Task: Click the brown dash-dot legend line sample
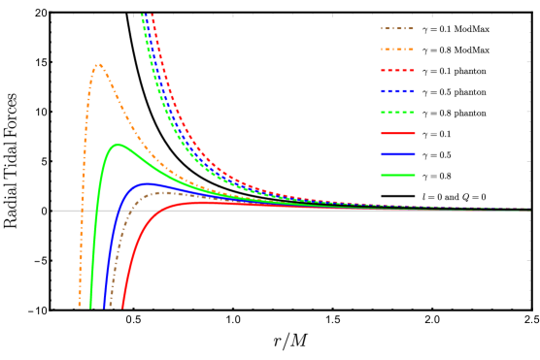(397, 28)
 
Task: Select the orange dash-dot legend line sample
(397, 49)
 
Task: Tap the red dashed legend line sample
(397, 70)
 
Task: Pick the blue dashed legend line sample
(397, 91)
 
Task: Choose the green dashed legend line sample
(397, 113)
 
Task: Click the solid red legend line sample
(397, 133)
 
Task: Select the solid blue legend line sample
(397, 154)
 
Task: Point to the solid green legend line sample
(397, 175)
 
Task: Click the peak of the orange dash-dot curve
(99, 65)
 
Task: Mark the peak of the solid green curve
(118, 146)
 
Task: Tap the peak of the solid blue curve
(148, 182)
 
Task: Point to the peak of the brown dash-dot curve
(166, 192)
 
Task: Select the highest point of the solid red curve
(203, 202)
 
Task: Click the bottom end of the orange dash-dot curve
(80, 307)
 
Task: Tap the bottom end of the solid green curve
(91, 308)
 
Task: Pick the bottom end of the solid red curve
(122, 308)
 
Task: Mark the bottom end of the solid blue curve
(104, 308)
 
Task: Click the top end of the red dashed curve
(152, 15)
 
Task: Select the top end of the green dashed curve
(142, 15)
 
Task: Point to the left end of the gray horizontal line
(53, 211)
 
